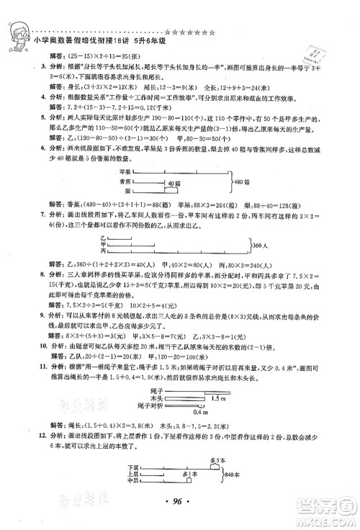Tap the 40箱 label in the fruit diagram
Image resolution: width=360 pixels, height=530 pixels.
tap(168, 184)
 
